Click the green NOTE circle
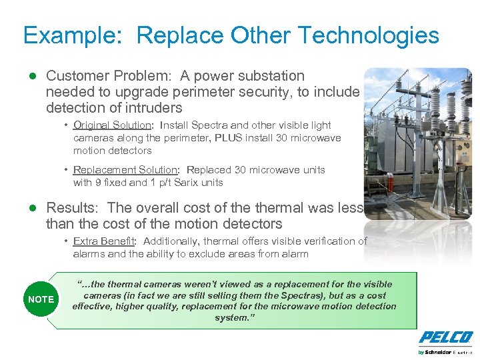tap(41, 299)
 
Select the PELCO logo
tap(446, 337)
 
